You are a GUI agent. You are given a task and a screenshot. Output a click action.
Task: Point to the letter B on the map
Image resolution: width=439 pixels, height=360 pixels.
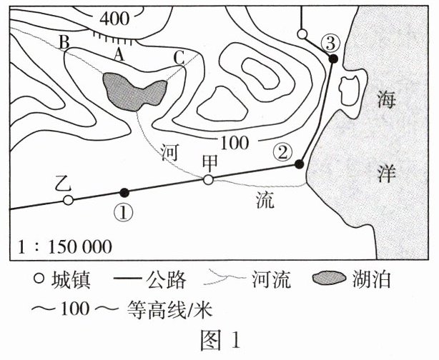tap(64, 42)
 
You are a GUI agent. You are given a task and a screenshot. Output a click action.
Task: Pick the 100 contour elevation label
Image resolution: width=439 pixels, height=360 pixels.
tap(235, 141)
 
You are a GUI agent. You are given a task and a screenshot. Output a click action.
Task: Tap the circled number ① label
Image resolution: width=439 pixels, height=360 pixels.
tap(124, 212)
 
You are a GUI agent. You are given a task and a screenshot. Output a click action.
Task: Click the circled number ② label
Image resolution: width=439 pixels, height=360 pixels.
tap(284, 151)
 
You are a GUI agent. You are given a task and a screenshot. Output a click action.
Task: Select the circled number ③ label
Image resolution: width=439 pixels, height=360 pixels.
tap(329, 42)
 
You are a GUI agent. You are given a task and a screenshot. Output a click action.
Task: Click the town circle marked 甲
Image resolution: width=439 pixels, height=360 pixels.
tap(208, 180)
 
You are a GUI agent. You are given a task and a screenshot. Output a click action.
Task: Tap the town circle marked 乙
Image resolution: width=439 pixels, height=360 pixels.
tap(68, 201)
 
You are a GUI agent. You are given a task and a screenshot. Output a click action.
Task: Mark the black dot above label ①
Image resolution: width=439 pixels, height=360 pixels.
tap(124, 192)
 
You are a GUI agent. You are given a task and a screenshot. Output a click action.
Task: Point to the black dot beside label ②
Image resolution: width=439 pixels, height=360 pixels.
tap(300, 164)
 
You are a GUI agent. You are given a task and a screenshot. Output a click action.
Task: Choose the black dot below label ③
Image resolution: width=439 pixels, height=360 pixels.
tap(332, 59)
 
